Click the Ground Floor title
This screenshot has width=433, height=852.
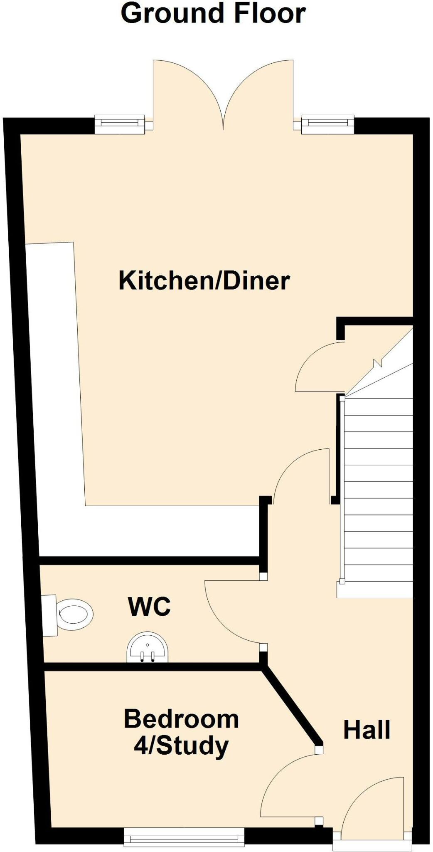pyautogui.click(x=213, y=13)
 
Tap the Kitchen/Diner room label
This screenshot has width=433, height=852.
pyautogui.click(x=204, y=280)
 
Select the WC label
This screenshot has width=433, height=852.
pyautogui.click(x=149, y=607)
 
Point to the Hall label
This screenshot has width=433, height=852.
pyautogui.click(x=367, y=730)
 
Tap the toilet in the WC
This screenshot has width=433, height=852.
pyautogui.click(x=71, y=614)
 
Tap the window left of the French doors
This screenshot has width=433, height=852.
pyautogui.click(x=120, y=124)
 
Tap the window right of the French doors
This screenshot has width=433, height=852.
pyautogui.click(x=327, y=124)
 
